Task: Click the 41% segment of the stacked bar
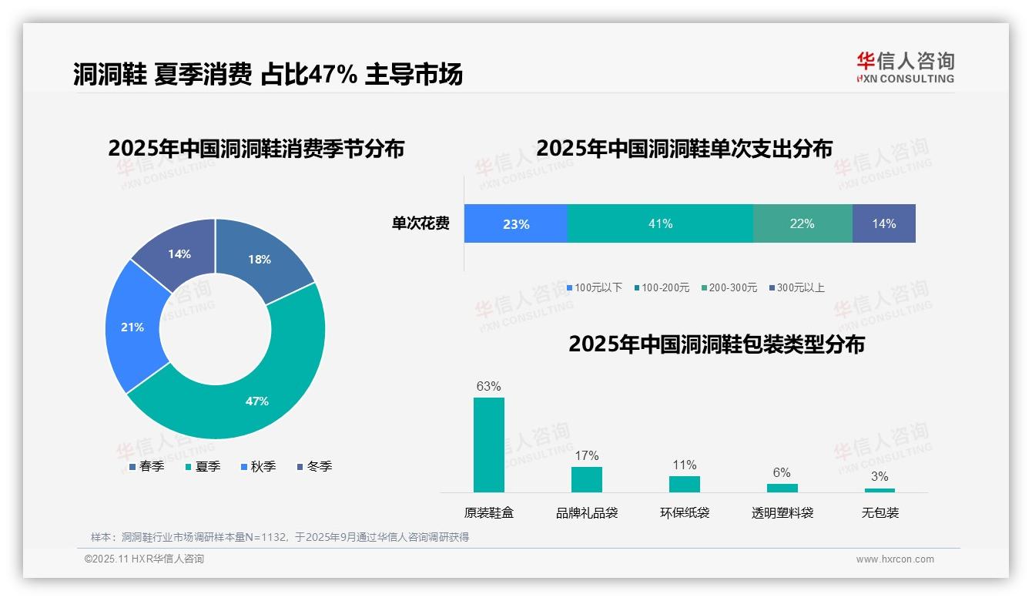[660, 223]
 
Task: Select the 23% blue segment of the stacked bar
[515, 223]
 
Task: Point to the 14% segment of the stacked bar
[883, 223]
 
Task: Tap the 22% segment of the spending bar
[802, 223]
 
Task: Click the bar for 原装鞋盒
[489, 445]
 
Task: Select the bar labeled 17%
[587, 479]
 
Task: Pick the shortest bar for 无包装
[880, 490]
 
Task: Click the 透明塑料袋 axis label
[782, 512]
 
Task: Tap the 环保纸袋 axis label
[685, 512]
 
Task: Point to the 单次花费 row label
[421, 223]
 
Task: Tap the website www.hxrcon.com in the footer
[895, 559]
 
